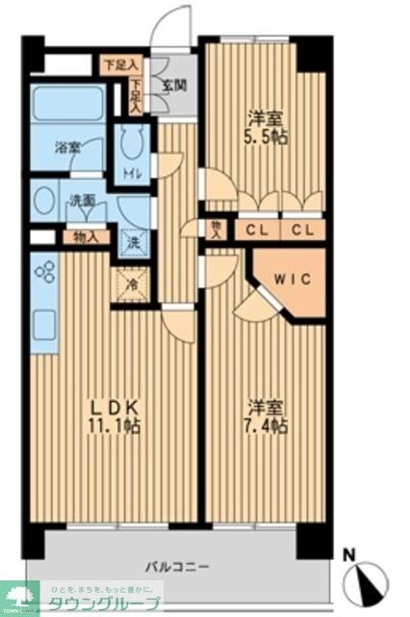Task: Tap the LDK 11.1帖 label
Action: click(x=115, y=416)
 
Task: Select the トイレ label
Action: click(x=132, y=174)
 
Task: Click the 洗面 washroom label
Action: click(x=81, y=201)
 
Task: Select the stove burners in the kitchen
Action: click(x=44, y=273)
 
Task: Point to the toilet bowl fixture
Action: click(x=132, y=147)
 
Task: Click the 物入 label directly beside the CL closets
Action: click(x=216, y=229)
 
